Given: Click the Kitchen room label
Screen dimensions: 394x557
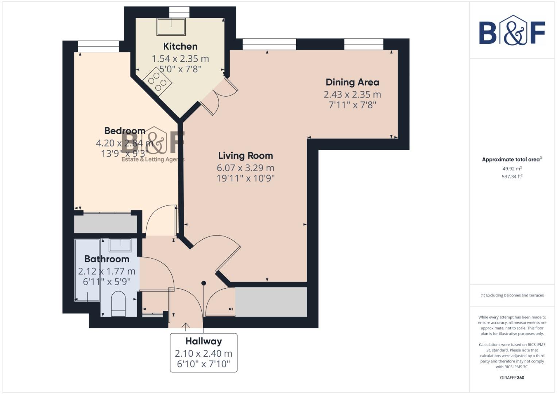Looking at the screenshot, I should point(180,46).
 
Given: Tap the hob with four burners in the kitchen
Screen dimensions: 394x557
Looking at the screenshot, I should point(158,81).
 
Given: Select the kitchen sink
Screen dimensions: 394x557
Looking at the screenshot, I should point(171,26).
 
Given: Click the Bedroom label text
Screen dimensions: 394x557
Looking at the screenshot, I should point(125,131).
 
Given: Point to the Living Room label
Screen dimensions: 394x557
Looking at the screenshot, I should point(245,156).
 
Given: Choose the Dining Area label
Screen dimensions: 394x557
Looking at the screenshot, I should point(352,82).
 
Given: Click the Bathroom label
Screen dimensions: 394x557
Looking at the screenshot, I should point(107,259).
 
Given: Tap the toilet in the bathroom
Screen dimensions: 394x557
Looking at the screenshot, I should point(118,303).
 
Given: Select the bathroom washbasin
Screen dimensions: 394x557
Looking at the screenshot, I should point(120,245).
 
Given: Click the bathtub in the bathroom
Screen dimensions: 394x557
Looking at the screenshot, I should point(87,270).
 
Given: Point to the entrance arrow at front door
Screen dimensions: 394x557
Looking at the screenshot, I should point(186,327).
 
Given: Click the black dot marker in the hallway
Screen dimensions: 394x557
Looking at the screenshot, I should point(204,283).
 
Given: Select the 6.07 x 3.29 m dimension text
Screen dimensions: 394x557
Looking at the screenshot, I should point(245,168).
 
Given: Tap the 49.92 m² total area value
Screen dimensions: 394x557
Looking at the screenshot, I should point(512,169).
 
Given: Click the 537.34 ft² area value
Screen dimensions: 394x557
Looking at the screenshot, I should point(512,177).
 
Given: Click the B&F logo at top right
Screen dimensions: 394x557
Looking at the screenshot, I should point(512,31).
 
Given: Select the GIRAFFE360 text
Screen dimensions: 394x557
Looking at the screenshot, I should point(512,378).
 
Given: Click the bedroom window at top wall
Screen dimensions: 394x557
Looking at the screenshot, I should point(98,46).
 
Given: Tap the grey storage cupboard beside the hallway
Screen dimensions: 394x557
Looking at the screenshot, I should point(271,302).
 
